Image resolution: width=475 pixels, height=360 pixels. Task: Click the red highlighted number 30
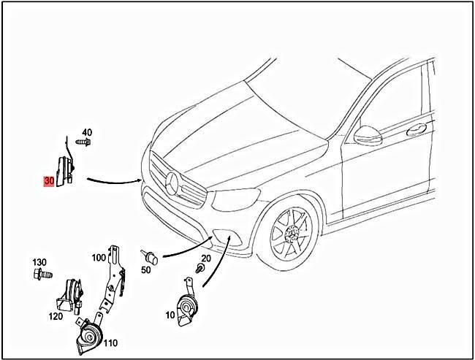tap(49, 181)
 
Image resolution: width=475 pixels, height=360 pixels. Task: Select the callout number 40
tap(87, 132)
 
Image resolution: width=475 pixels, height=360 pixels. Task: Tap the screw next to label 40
tap(83, 142)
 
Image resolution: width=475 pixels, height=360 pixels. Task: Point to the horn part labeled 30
tap(66, 169)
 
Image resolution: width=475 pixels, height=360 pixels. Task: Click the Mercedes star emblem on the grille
tap(172, 183)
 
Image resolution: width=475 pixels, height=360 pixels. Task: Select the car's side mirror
tap(368, 135)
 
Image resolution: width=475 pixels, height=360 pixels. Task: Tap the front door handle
tap(417, 129)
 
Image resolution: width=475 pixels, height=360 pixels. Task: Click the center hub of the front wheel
tap(292, 234)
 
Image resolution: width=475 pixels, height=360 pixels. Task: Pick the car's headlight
tap(235, 199)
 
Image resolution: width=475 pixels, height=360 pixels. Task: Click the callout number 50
tap(146, 269)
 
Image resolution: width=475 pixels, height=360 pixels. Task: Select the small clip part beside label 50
tap(149, 257)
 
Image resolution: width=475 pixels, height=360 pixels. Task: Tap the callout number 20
tap(206, 258)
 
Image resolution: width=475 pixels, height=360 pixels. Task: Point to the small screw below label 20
tap(199, 268)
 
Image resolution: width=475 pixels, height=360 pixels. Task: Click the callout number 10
tap(170, 315)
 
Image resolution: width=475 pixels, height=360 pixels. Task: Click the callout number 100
tap(99, 258)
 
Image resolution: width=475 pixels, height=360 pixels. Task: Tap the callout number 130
tap(39, 262)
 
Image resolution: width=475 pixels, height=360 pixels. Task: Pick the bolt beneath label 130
tap(42, 274)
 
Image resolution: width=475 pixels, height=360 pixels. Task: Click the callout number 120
tap(56, 316)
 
